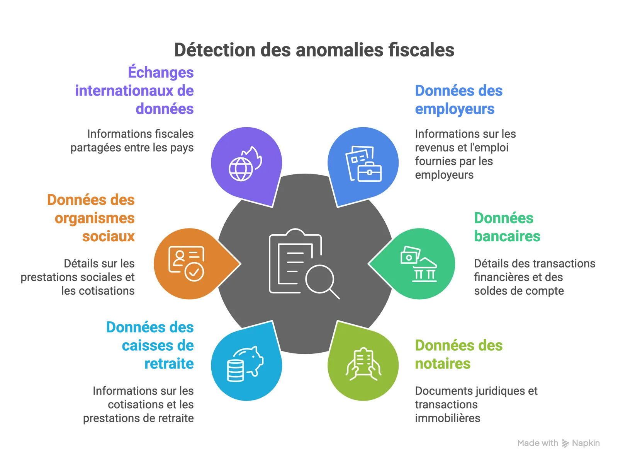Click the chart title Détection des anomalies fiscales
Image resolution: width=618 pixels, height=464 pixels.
(x=314, y=50)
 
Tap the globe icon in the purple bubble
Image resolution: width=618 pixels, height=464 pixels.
(x=241, y=169)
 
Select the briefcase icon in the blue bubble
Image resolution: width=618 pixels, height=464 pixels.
(x=369, y=171)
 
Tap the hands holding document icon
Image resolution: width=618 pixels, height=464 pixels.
(x=363, y=364)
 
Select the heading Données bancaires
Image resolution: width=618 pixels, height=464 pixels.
(x=507, y=227)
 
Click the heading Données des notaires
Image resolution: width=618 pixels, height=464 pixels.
(x=458, y=354)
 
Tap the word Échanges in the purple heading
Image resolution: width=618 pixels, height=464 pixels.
(x=161, y=72)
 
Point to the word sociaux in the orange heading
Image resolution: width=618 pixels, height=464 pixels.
(x=109, y=236)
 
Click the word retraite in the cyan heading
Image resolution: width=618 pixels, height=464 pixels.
(x=169, y=363)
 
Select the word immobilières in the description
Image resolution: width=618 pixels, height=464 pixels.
(x=447, y=418)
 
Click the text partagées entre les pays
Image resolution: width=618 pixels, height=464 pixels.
(x=132, y=148)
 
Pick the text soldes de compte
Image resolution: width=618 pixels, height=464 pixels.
(x=519, y=291)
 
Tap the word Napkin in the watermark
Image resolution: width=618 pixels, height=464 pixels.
(x=586, y=443)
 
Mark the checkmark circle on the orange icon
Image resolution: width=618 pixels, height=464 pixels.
(x=194, y=272)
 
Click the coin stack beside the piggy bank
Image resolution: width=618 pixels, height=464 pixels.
(x=235, y=370)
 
